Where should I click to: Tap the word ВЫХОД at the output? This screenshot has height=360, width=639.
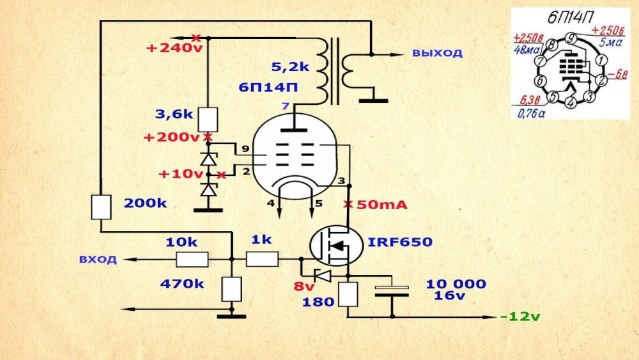[x=436, y=53]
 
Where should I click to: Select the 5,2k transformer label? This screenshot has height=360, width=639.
[x=290, y=66]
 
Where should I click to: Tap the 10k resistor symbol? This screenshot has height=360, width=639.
[x=192, y=259]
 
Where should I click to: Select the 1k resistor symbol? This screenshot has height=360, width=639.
[x=262, y=259]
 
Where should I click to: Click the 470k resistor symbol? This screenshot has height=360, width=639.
[x=231, y=289]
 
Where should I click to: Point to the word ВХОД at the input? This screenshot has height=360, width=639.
[x=98, y=260]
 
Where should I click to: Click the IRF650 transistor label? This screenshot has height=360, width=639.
[x=400, y=242]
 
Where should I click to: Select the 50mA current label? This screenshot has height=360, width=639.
[x=381, y=205]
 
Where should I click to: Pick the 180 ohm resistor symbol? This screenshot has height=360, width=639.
[x=348, y=294]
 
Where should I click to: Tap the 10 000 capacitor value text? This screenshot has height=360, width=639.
[x=456, y=284]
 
